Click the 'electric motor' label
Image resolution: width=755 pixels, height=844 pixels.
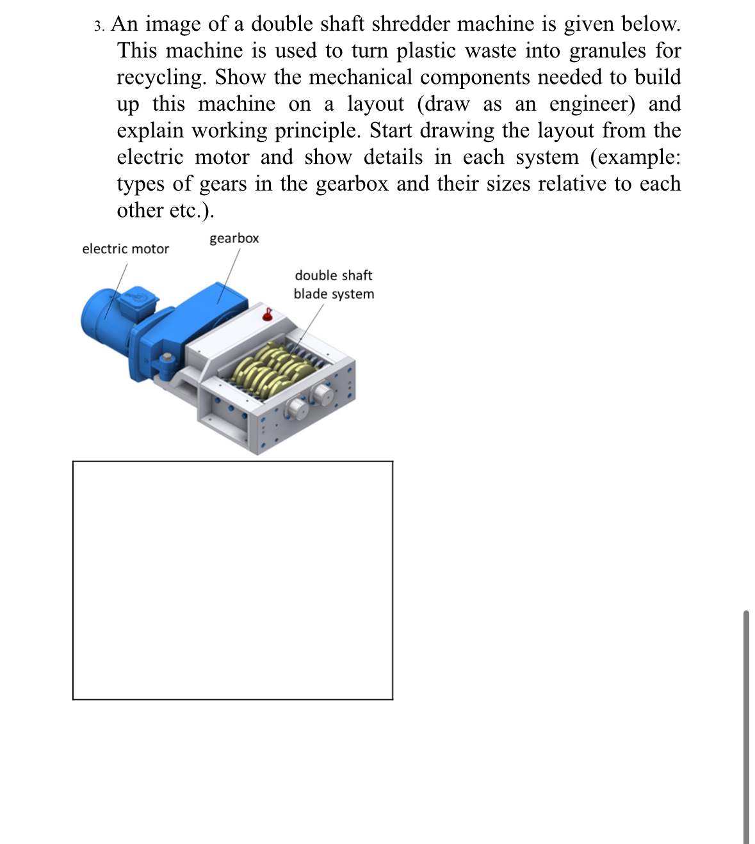tap(126, 249)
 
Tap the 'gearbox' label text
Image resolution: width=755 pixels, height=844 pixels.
tap(234, 239)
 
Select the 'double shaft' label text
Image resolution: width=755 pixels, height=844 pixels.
tap(333, 276)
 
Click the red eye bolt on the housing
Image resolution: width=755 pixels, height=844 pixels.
tap(269, 314)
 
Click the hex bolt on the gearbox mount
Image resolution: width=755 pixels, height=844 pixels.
tap(168, 358)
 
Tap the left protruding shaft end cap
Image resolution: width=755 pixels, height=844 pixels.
tap(296, 407)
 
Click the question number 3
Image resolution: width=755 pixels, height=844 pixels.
tap(99, 26)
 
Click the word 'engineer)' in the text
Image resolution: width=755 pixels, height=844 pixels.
tap(592, 104)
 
